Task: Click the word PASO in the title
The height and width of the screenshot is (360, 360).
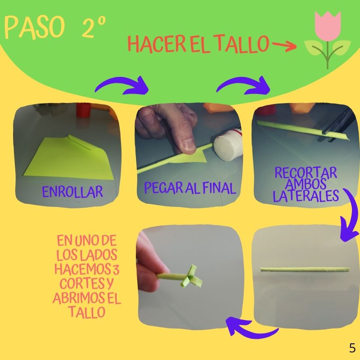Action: [35, 27]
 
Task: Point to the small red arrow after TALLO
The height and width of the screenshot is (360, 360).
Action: [284, 45]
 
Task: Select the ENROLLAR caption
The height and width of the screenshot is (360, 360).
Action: [72, 192]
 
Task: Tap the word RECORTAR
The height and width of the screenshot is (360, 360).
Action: [306, 173]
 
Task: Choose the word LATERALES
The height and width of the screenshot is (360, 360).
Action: [306, 196]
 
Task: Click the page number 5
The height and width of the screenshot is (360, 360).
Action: [352, 348]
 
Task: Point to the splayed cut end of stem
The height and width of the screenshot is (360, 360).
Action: [192, 277]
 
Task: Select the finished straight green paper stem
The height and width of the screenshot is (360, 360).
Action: [305, 270]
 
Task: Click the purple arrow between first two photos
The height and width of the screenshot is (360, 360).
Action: [122, 85]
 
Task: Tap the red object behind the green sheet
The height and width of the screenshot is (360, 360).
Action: [83, 110]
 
